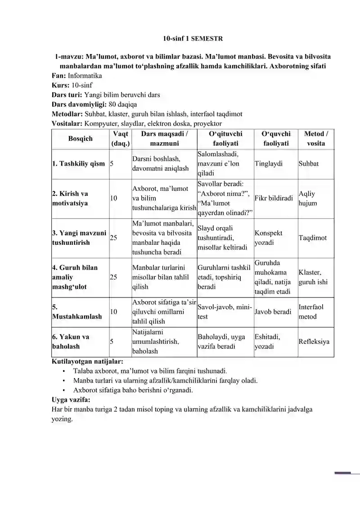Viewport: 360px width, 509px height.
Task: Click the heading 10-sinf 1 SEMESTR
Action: pyautogui.click(x=193, y=39)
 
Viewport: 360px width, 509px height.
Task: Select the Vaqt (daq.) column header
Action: pyautogui.click(x=120, y=139)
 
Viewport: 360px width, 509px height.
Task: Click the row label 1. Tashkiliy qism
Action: pyautogui.click(x=78, y=164)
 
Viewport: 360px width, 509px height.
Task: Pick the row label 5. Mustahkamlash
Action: pyautogui.click(x=77, y=312)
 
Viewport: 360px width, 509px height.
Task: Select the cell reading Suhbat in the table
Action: pyautogui.click(x=308, y=164)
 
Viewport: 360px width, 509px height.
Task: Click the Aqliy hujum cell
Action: pyautogui.click(x=307, y=198)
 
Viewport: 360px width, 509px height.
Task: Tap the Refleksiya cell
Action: pyautogui.click(x=314, y=341)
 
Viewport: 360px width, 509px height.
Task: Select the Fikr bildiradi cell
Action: pyautogui.click(x=274, y=198)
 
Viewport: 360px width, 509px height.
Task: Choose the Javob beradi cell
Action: pyautogui.click(x=273, y=311)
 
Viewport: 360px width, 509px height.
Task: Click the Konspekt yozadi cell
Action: pyautogui.click(x=269, y=238)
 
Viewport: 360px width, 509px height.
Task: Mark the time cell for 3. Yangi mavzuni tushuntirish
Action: pyautogui.click(x=113, y=238)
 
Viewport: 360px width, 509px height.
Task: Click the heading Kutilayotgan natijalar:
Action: pyautogui.click(x=87, y=361)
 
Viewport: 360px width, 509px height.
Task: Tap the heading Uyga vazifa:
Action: pyautogui.click(x=71, y=399)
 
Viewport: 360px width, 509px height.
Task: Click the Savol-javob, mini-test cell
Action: pyautogui.click(x=225, y=311)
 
